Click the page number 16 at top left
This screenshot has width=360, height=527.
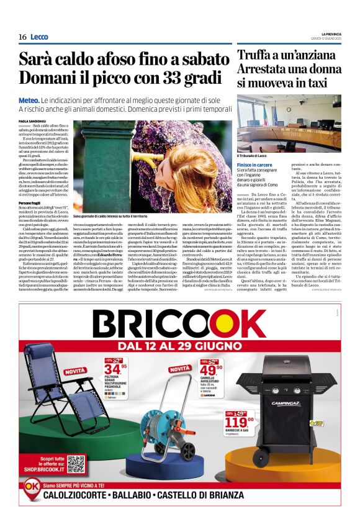[x=22, y=37]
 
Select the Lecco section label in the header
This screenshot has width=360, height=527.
[x=39, y=37]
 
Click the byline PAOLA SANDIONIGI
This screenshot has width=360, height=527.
[x=34, y=120]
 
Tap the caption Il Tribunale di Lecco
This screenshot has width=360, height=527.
[x=251, y=155]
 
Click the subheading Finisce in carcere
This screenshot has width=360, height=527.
[x=255, y=165]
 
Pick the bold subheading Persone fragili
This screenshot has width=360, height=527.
[x=31, y=203]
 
